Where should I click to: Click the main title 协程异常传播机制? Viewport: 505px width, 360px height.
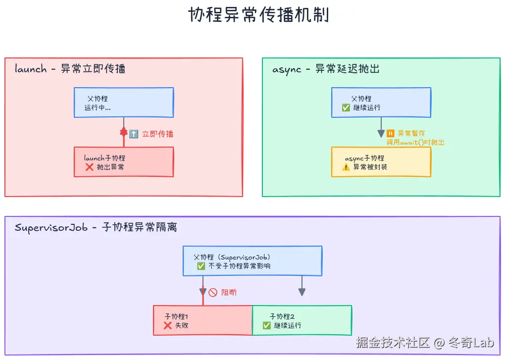pos(258,15)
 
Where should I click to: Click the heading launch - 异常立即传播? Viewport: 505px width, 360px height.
pos(70,69)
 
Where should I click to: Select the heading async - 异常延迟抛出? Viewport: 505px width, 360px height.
pos(326,69)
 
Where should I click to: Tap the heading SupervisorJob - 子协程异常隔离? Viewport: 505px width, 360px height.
pos(96,227)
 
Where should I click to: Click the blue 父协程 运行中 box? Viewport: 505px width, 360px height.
pos(124,103)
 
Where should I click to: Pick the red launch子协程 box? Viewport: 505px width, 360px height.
pos(124,162)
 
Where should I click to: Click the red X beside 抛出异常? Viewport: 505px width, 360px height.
pos(90,167)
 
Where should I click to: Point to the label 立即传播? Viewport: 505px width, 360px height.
pos(157,134)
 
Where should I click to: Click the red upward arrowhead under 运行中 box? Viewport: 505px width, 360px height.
pos(124,131)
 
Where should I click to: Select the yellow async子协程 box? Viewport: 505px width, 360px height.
pos(381,162)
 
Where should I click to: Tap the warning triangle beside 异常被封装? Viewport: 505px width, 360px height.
pos(346,167)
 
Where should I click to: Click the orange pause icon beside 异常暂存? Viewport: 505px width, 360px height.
pos(391,133)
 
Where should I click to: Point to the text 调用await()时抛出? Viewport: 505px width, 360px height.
pos(415,142)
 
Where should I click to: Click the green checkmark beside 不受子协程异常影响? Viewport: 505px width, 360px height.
pos(201,266)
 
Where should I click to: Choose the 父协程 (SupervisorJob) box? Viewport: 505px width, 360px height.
pos(252,261)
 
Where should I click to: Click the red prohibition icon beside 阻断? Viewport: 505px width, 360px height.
pos(213,292)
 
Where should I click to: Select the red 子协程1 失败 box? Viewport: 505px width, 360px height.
pos(203,320)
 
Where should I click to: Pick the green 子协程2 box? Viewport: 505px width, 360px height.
pos(302,320)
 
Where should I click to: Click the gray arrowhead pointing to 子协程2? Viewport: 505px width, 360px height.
pos(302,293)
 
